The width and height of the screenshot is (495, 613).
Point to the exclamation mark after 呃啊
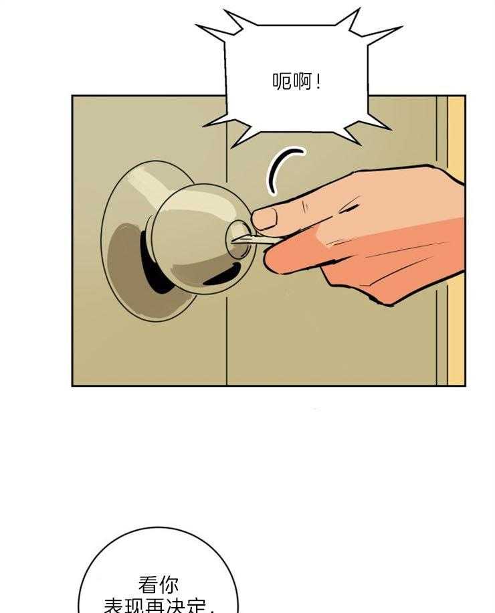click(317, 82)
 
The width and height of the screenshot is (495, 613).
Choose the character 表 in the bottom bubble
click(114, 606)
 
